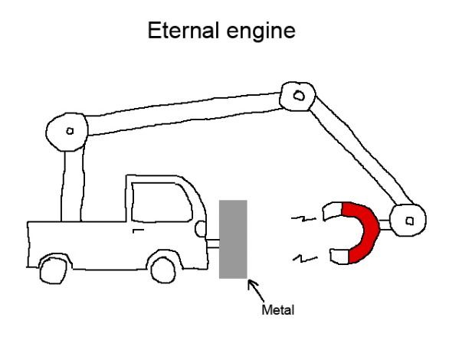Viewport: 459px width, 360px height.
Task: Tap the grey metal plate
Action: [233, 238]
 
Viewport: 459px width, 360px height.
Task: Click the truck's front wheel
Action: [164, 268]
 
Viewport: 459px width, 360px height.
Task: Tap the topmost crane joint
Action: [297, 97]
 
